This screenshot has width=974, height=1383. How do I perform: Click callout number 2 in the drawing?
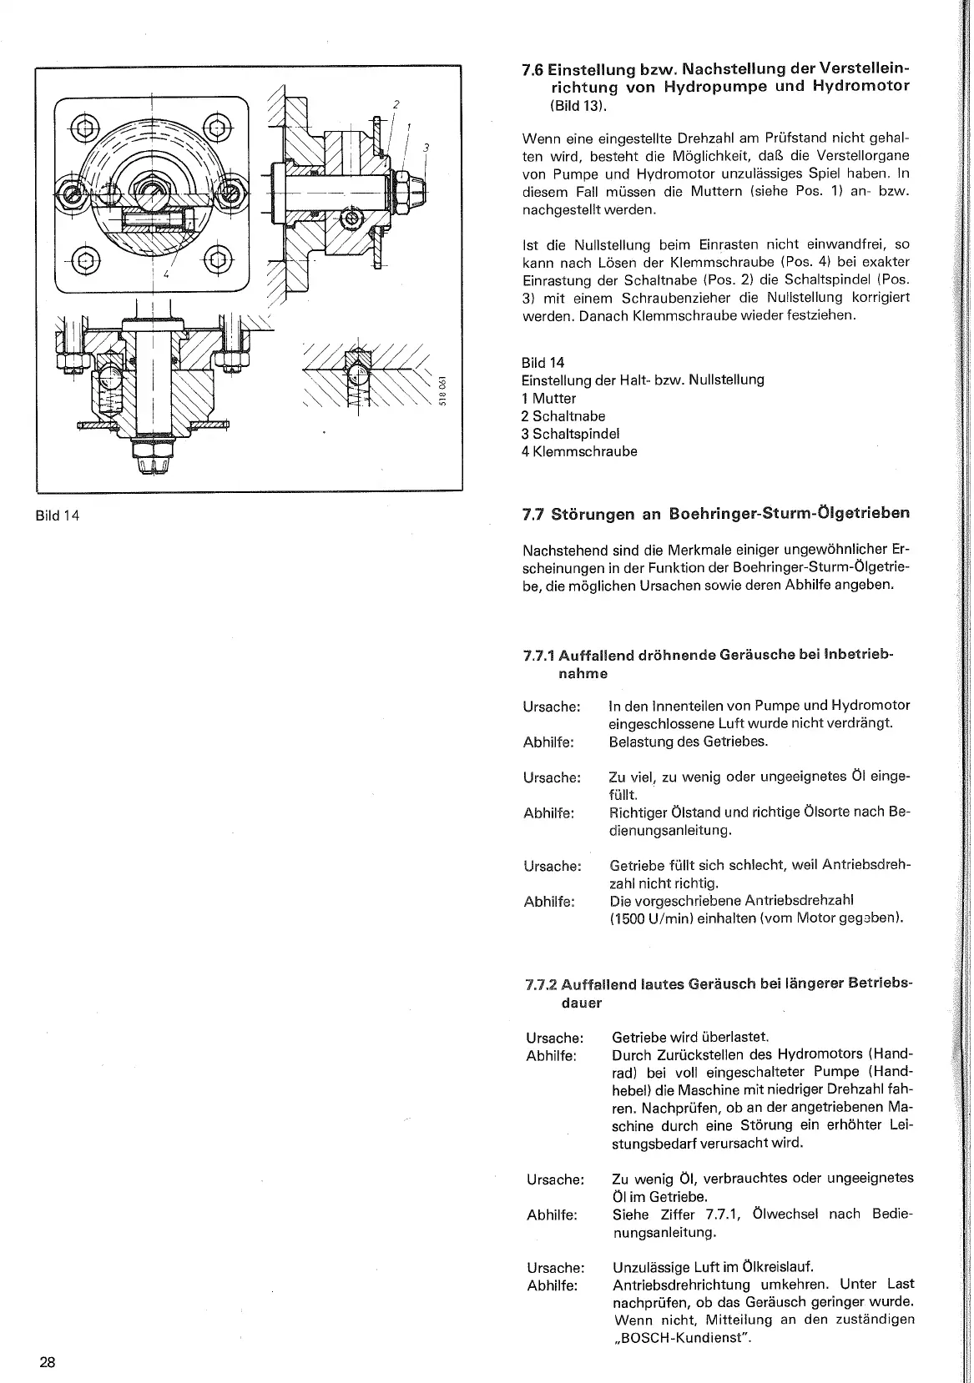(x=396, y=104)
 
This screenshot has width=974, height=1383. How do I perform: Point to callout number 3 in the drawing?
(x=426, y=148)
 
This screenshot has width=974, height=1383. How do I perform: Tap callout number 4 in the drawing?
(x=166, y=274)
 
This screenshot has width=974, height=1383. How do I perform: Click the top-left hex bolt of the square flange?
(x=85, y=128)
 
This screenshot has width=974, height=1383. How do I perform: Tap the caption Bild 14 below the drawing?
(x=58, y=515)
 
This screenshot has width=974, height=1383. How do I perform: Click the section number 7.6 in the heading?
(x=533, y=68)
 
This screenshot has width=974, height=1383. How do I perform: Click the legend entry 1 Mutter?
(x=548, y=398)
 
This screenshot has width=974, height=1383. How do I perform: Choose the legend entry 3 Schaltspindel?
(x=570, y=434)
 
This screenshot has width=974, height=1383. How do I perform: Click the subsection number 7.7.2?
(x=542, y=985)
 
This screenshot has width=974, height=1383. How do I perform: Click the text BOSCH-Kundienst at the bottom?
(x=681, y=1339)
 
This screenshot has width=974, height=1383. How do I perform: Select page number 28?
(x=47, y=1362)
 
